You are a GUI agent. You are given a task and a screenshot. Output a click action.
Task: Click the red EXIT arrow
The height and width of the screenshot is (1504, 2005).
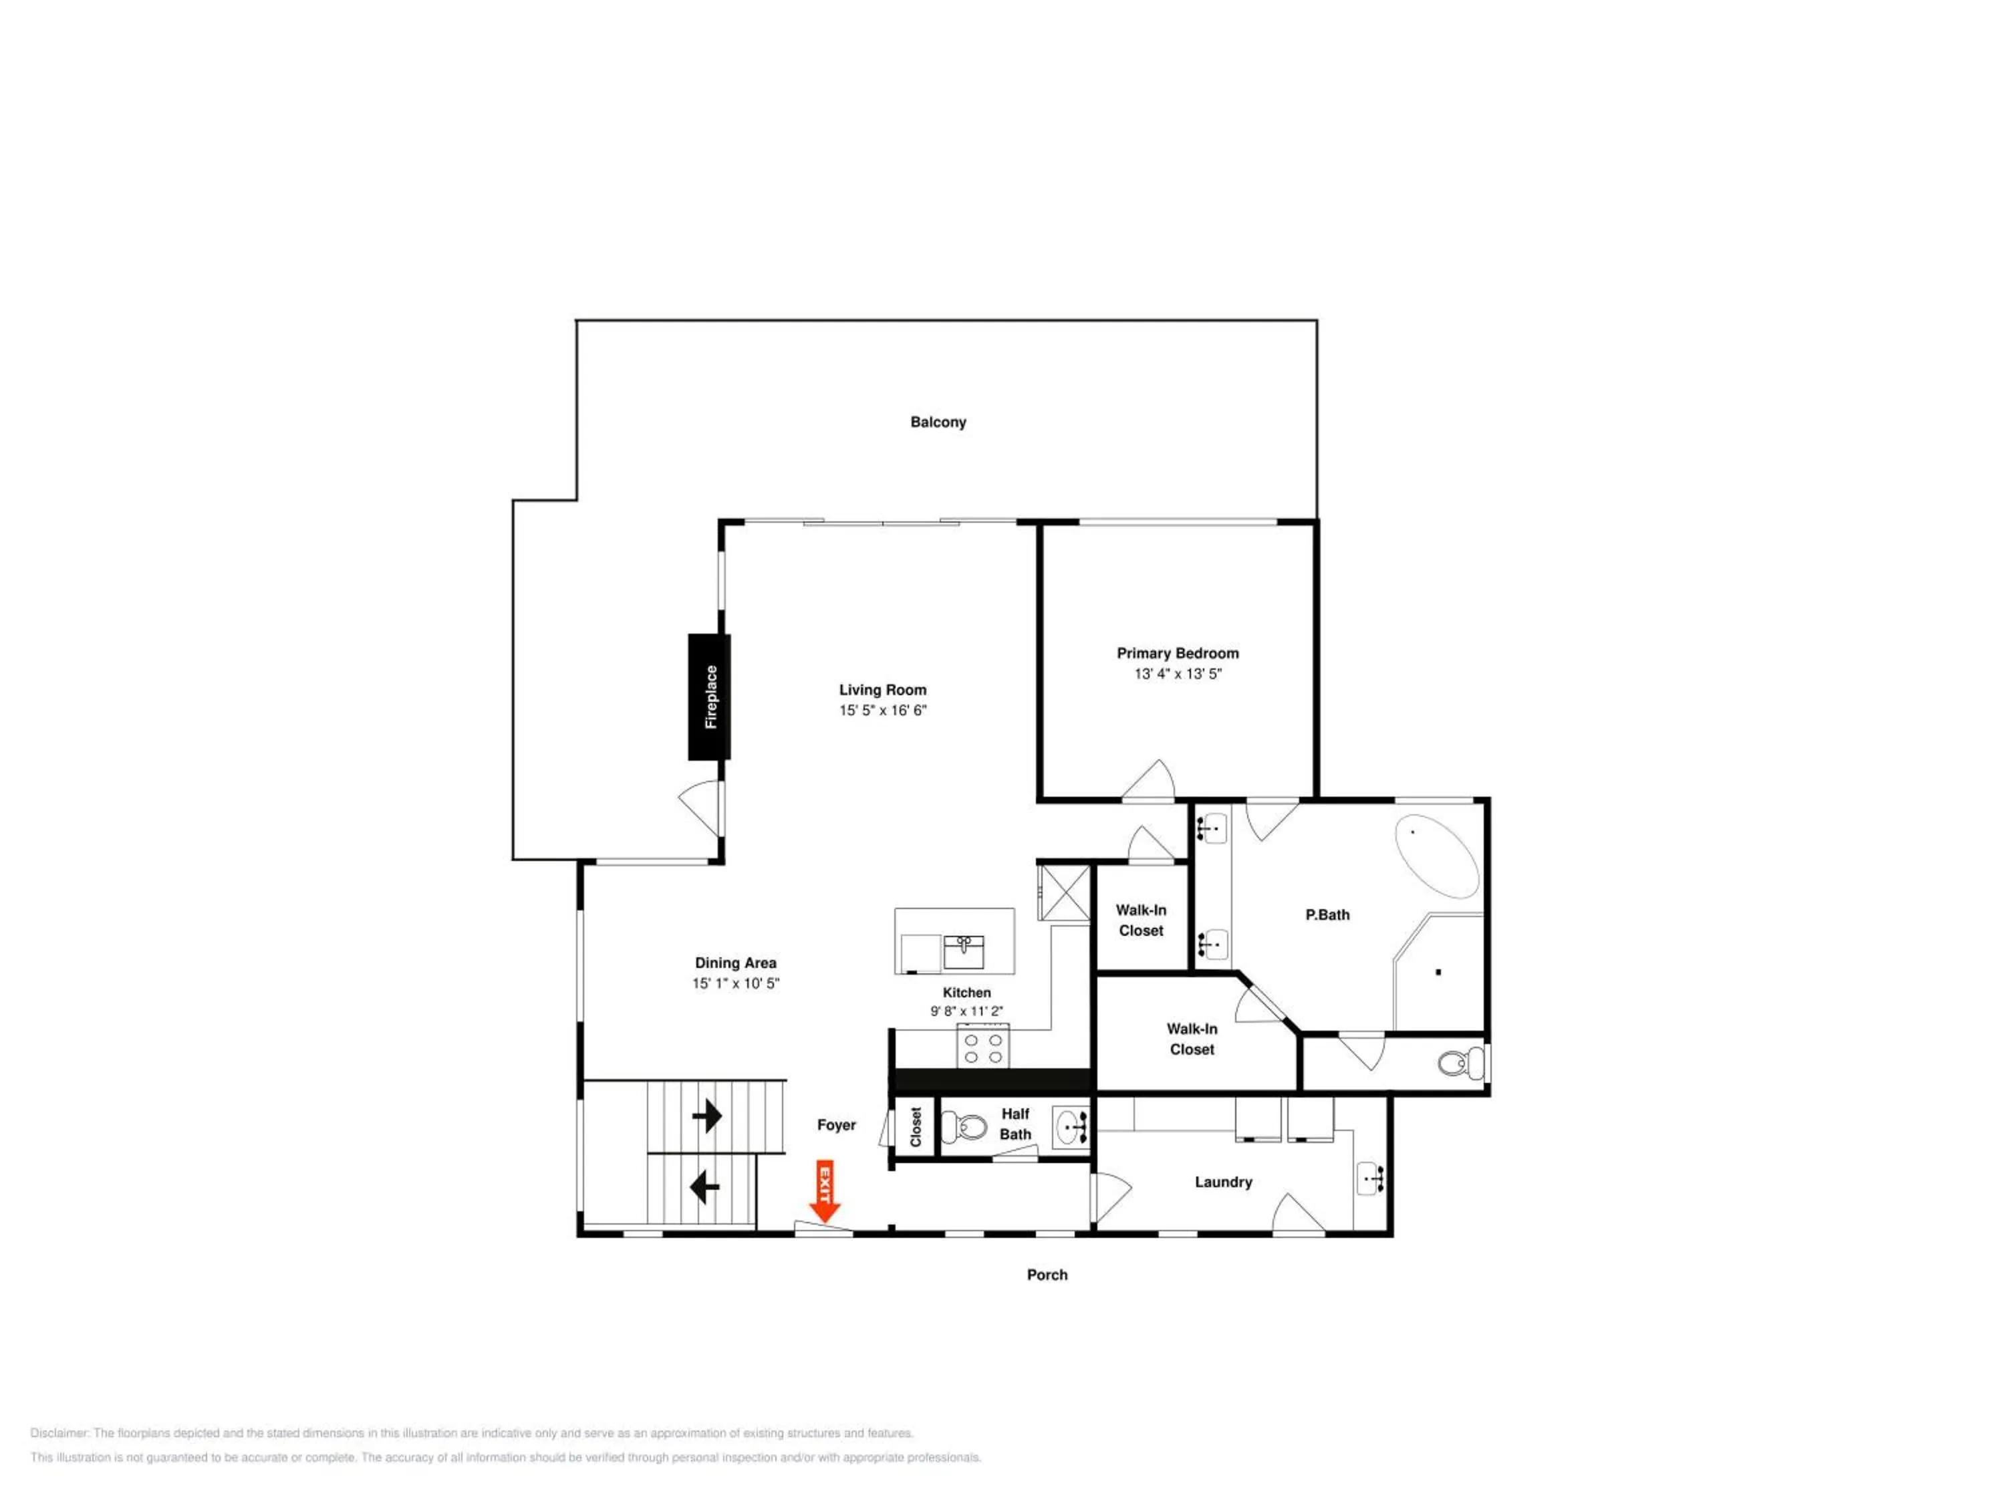tap(824, 1190)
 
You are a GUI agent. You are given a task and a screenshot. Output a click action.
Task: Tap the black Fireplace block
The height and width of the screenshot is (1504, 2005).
tap(710, 697)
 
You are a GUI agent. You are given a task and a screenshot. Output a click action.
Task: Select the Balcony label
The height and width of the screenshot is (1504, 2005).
tap(938, 422)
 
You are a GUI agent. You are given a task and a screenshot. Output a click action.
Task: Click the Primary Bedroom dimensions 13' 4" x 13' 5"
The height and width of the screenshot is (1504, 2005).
tap(1178, 674)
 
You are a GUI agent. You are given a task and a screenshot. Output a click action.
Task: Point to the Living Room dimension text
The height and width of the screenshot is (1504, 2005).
tap(883, 710)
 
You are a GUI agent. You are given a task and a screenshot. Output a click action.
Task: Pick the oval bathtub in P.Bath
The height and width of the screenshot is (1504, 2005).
tap(1437, 857)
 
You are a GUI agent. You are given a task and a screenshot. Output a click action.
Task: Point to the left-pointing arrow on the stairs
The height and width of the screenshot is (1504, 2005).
tap(704, 1186)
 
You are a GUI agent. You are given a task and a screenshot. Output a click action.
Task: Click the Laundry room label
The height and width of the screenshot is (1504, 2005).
tap(1224, 1182)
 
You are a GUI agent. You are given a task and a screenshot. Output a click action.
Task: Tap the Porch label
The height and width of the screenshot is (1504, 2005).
tap(1047, 1275)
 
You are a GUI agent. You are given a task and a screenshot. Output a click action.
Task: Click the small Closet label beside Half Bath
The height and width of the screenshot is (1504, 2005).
tap(916, 1127)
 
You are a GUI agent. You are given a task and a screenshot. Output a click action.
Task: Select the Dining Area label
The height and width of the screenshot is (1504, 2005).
tap(736, 963)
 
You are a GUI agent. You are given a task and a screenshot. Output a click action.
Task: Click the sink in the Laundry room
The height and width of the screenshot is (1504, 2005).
tap(1371, 1178)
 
